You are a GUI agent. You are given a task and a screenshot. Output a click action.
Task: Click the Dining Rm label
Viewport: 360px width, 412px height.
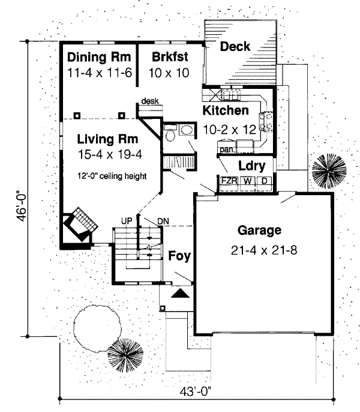(95, 58)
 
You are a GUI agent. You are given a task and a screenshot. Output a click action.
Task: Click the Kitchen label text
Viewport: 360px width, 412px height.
(225, 111)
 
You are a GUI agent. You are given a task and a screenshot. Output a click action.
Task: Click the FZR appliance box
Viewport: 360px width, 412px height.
(227, 181)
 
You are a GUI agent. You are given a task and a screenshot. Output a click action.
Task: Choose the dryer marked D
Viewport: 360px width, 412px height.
(263, 181)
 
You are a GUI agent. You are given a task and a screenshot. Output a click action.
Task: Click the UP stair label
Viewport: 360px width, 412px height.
(127, 221)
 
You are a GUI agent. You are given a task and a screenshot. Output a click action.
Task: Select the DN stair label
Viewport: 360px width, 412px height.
(163, 221)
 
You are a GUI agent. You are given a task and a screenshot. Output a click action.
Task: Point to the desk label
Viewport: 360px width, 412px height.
(150, 101)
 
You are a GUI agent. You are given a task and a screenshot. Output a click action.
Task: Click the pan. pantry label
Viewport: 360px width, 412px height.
(226, 147)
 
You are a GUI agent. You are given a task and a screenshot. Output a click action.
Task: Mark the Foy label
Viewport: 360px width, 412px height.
(179, 256)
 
